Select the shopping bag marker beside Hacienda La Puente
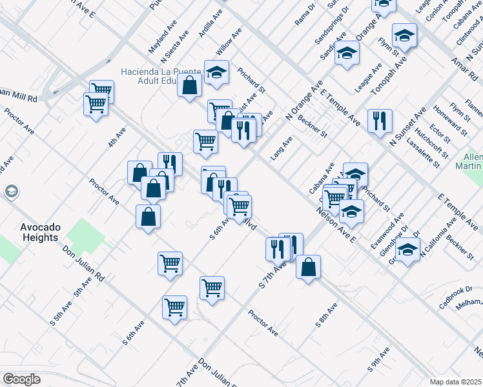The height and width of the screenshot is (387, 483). pos(190,86)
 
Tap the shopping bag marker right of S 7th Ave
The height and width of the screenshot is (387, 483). pos(309,266)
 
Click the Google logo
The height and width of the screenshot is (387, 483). pos(21,379)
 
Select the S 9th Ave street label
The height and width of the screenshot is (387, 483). pos(379,359)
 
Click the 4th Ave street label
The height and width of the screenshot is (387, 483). pos(117,136)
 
